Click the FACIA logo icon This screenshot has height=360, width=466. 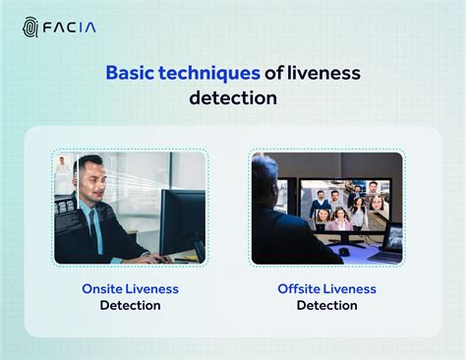(x=29, y=26)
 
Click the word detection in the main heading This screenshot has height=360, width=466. (x=233, y=98)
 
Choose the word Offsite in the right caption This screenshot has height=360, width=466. (x=300, y=288)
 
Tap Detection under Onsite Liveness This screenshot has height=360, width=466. (x=130, y=305)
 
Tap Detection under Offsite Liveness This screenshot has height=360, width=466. (x=326, y=305)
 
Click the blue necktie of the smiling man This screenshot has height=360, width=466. (x=94, y=226)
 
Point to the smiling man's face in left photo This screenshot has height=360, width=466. (x=91, y=183)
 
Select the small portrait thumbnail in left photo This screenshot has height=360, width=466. (x=63, y=166)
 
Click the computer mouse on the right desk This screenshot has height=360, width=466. (x=344, y=251)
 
